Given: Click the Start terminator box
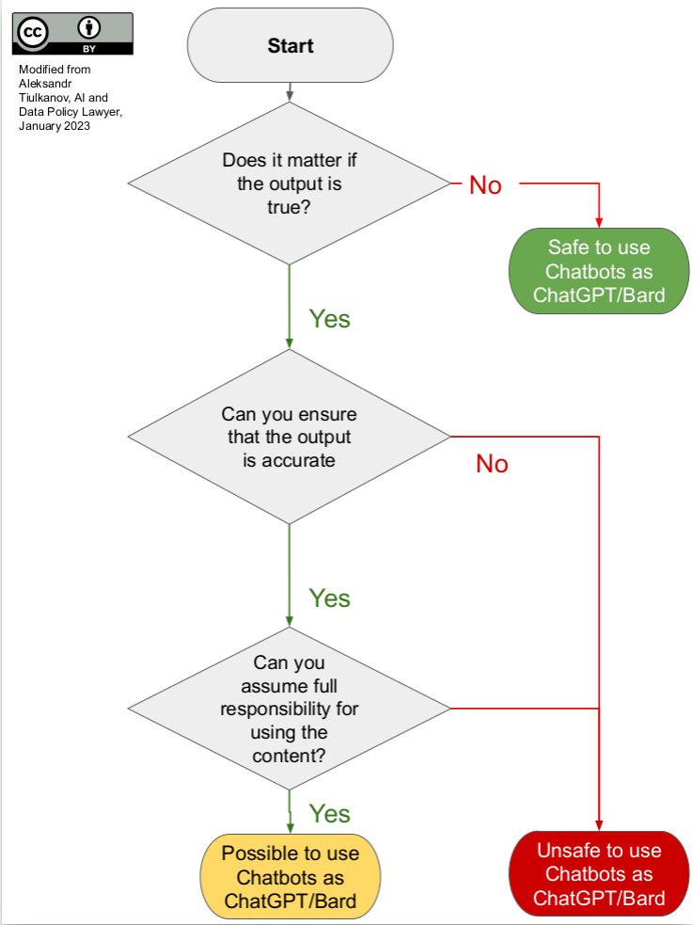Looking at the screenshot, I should point(290,46).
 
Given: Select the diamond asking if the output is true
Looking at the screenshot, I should point(290,184).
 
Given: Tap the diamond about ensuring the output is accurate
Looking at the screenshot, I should point(290,437).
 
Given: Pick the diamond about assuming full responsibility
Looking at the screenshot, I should point(290,709).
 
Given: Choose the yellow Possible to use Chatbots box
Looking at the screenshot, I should point(290,877).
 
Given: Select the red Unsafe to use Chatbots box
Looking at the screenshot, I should point(599,873).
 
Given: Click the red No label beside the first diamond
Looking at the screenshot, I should point(485,185).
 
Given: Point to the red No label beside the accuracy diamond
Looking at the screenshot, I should point(492,463).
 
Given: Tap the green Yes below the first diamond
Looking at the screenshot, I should point(329,319).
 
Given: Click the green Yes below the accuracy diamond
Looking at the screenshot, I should point(329,598).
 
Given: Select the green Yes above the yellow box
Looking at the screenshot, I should point(329,813).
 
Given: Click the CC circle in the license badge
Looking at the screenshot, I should point(33,32).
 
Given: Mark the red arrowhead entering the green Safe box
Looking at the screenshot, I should point(599,221).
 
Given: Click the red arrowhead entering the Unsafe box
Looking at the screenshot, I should point(599,824).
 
